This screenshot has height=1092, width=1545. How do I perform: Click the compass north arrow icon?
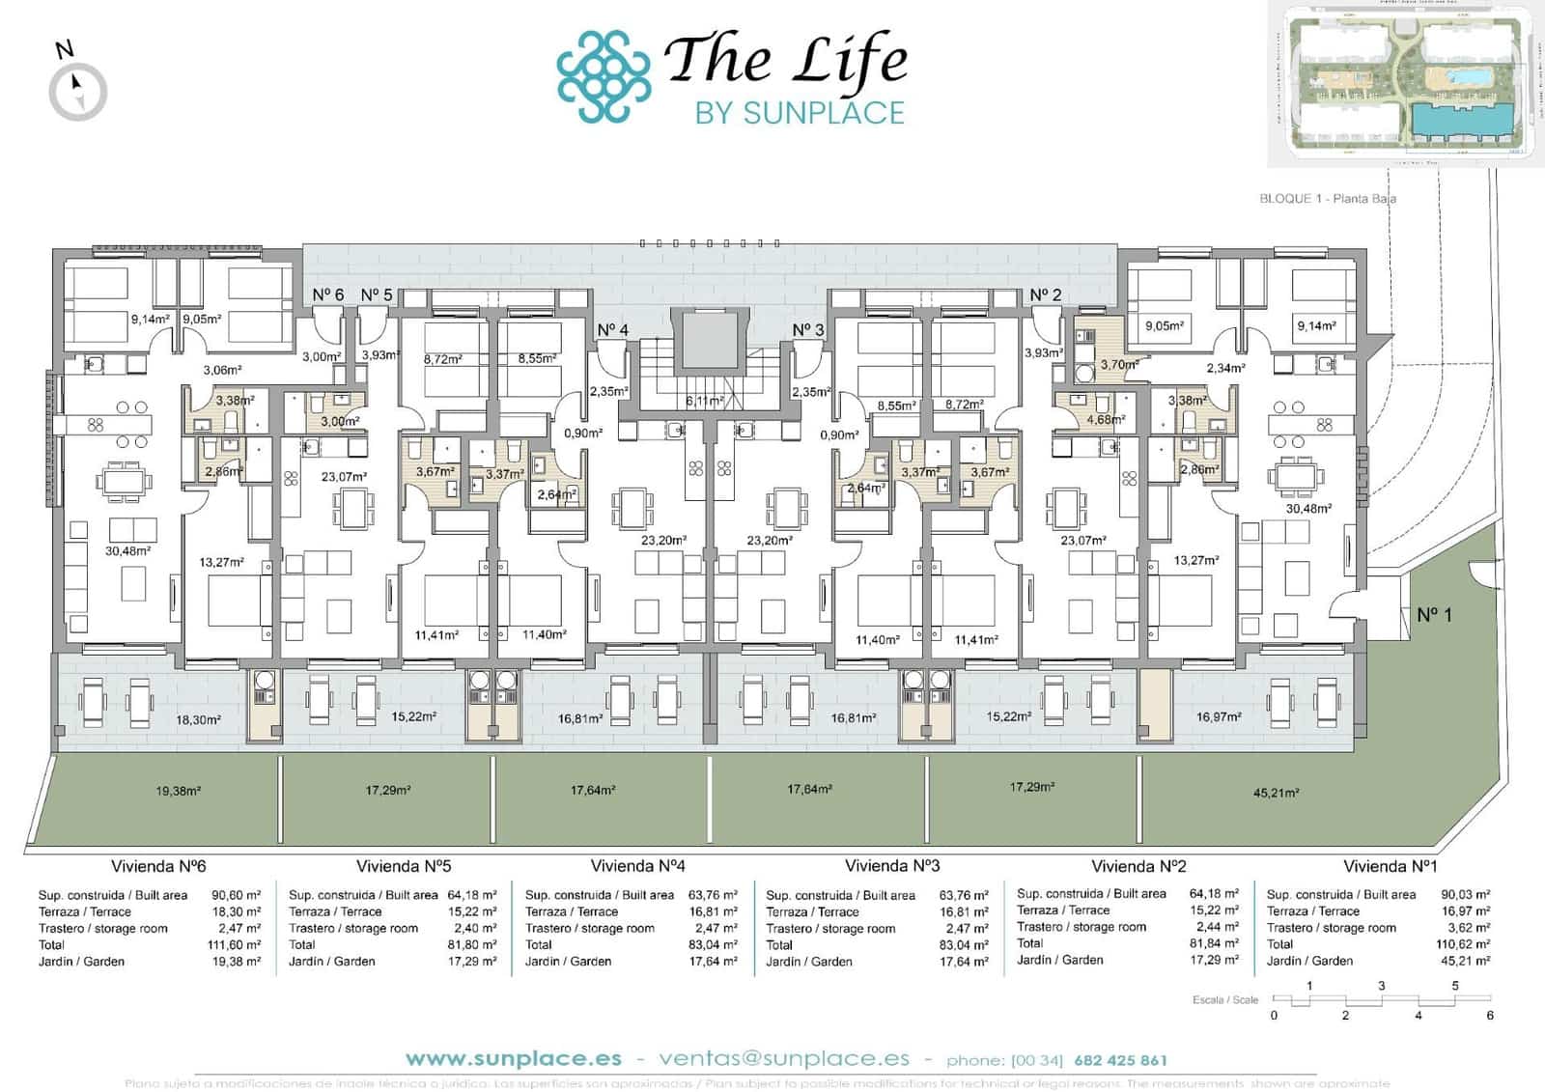click(x=77, y=92)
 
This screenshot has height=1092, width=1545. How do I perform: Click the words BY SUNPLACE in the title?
click(x=800, y=113)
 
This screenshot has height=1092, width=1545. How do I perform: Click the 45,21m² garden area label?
click(x=1275, y=793)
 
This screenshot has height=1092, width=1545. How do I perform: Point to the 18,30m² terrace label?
click(x=198, y=720)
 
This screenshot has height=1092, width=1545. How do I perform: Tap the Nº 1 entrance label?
click(x=1434, y=614)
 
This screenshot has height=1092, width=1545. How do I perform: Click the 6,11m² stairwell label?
click(x=705, y=401)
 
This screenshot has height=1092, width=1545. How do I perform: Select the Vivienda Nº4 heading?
click(x=637, y=866)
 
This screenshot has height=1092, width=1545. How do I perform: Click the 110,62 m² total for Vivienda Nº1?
click(x=1463, y=944)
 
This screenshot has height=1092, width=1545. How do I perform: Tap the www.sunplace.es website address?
click(x=513, y=1059)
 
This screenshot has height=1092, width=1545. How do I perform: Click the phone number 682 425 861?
click(x=1119, y=1060)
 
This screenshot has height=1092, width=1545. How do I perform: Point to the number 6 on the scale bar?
click(x=1490, y=1016)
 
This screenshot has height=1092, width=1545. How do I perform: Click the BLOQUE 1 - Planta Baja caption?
click(x=1327, y=198)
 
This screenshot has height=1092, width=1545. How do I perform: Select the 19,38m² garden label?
click(x=178, y=791)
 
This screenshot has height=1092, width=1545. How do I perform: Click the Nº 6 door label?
click(x=327, y=294)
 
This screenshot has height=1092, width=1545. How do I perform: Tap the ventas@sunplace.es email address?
click(x=784, y=1059)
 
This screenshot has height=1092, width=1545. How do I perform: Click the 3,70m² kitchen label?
click(x=1117, y=365)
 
